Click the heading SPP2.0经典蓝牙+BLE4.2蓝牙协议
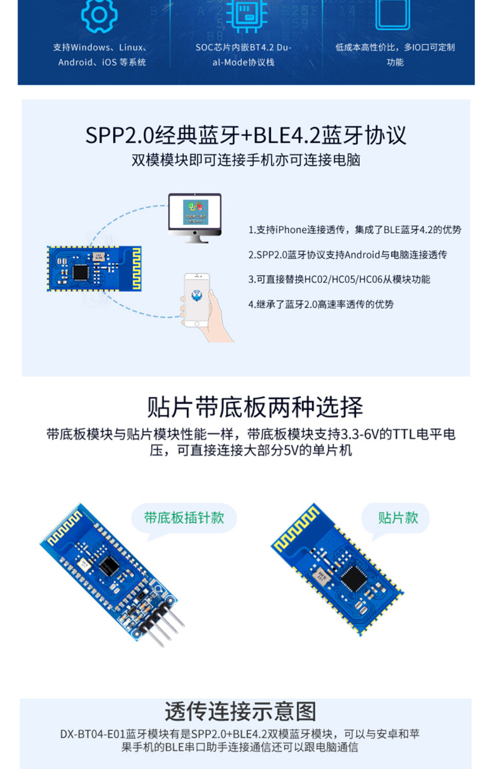[x=246, y=135]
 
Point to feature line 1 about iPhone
[x=354, y=230]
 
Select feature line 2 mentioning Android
[x=347, y=255]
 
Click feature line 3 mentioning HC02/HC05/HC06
[x=339, y=279]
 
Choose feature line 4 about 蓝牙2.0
[x=321, y=304]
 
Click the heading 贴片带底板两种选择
[x=255, y=407]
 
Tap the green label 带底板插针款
[x=184, y=517]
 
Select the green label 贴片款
[x=398, y=517]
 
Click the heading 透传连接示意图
[x=240, y=711]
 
